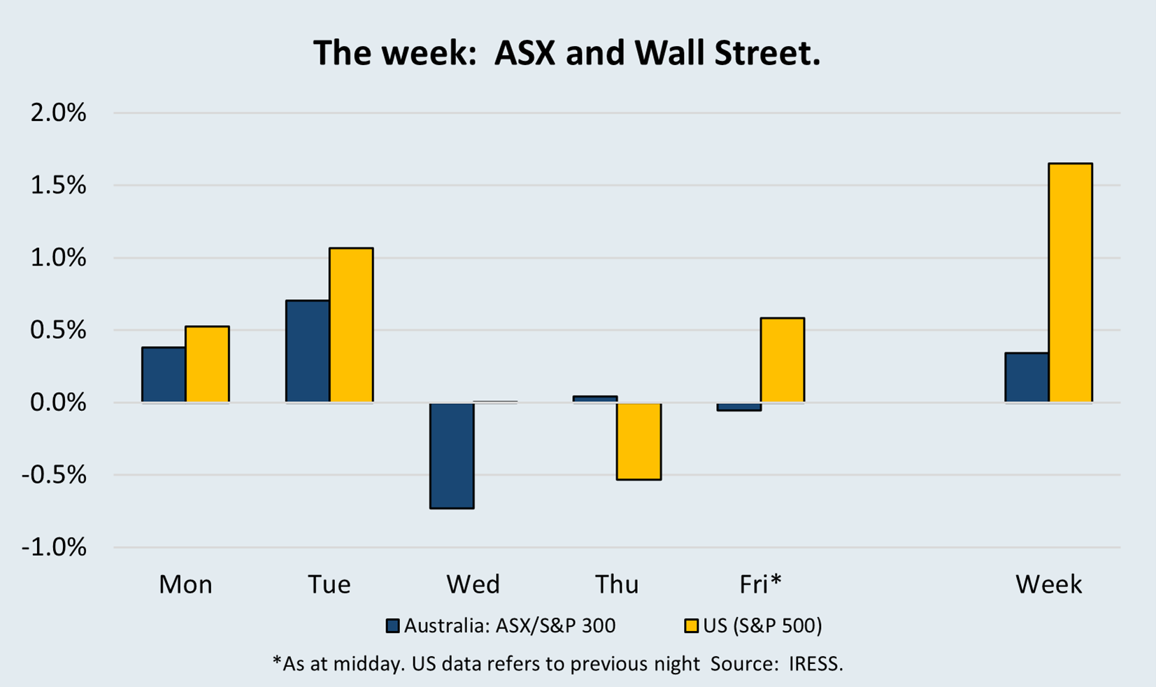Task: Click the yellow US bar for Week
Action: pos(1070,283)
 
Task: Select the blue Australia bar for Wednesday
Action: pos(452,455)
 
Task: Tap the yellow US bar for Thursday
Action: pos(638,441)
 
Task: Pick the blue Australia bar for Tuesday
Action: pos(308,352)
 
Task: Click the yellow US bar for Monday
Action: pos(207,364)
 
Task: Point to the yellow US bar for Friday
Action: pos(782,360)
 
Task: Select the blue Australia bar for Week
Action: pos(1027,377)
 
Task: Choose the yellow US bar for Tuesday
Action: pos(351,325)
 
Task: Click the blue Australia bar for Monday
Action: pos(164,375)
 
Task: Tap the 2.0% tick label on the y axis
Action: pos(58,113)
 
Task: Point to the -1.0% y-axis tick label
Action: pos(54,547)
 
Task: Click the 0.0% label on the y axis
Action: pos(58,403)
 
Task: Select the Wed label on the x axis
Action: pos(473,584)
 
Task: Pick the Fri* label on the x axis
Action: pos(760,584)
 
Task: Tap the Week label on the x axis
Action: pos(1048,584)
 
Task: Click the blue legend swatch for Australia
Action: pos(393,625)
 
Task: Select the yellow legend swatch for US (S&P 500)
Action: pos(691,625)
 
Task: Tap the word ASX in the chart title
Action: pos(525,53)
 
